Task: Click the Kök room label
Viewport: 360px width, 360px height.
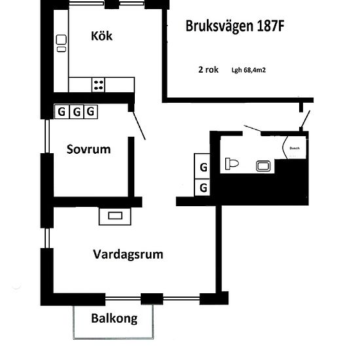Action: [101, 36]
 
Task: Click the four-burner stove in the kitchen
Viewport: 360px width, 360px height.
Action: [98, 84]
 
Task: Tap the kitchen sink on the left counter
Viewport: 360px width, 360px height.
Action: [61, 43]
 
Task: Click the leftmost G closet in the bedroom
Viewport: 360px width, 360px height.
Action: [62, 111]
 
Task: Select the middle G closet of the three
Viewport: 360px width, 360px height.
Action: [76, 111]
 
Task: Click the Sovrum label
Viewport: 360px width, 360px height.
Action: [88, 149]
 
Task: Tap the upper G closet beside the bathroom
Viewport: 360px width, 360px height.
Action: [203, 168]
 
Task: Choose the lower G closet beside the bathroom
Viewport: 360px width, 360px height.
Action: [203, 188]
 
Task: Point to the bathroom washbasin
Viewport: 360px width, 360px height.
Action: [264, 166]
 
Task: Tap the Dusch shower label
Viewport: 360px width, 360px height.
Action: [295, 149]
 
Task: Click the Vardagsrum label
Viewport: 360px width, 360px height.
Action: [128, 254]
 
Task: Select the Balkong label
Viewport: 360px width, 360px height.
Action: [115, 319]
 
